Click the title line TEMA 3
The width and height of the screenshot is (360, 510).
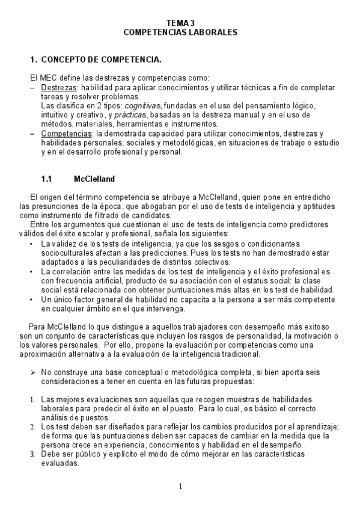[180, 23]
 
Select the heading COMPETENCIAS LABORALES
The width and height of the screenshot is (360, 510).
[180, 32]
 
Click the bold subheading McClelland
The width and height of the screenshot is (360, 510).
[94, 179]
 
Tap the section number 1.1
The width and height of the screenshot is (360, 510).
[47, 179]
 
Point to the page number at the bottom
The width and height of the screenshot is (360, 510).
[180, 486]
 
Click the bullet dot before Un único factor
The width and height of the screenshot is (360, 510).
[31, 299]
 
